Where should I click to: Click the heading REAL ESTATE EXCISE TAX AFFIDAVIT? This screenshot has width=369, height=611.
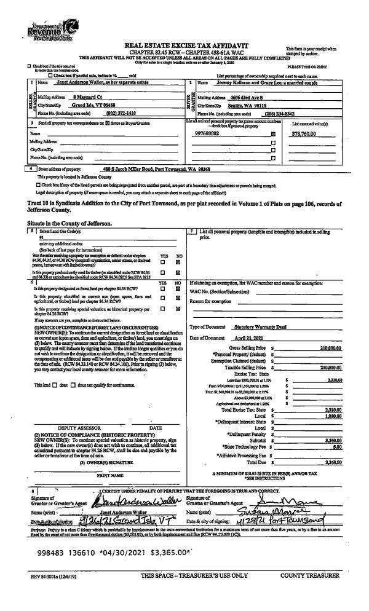[x=184, y=46]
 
